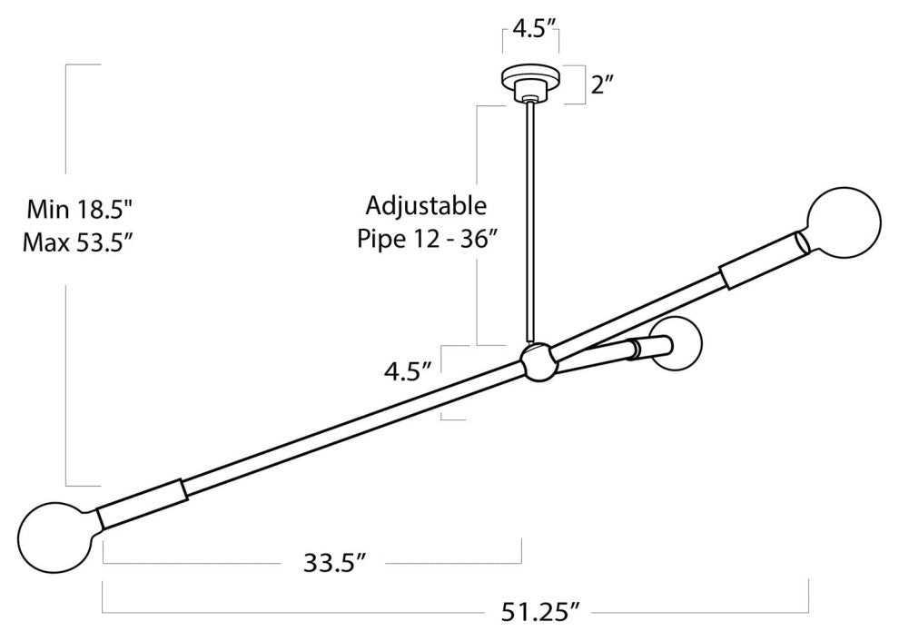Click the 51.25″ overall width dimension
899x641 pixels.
538,612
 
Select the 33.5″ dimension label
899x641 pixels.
335,562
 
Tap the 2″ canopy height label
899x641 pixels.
603,86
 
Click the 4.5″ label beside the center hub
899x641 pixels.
408,371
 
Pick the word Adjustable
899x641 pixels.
426,207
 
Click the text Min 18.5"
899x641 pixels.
80,209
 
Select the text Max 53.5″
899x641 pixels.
79,243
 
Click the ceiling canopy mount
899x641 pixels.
531,83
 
